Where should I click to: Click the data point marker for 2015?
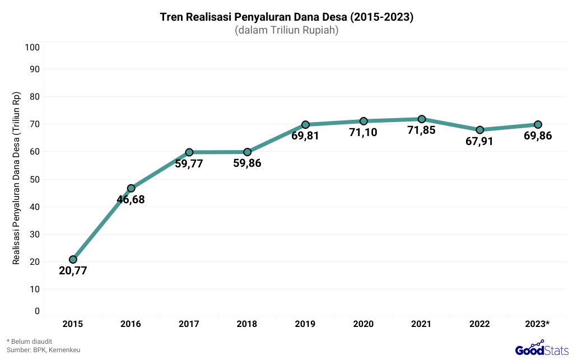click(x=73, y=259)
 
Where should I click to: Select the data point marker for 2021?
click(x=422, y=119)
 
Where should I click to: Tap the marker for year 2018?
click(x=247, y=152)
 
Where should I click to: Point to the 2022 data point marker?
click(x=479, y=130)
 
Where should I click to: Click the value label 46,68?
click(x=131, y=199)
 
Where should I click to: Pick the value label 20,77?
click(x=73, y=272)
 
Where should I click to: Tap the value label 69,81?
click(x=305, y=135)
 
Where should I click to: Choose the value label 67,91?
click(x=479, y=142)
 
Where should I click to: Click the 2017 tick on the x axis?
click(x=189, y=324)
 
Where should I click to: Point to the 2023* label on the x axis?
click(x=538, y=324)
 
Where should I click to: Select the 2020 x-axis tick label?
click(x=363, y=324)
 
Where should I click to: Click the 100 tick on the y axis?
click(x=32, y=47)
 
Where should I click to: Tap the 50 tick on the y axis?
click(x=34, y=179)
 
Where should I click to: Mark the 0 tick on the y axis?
click(x=37, y=311)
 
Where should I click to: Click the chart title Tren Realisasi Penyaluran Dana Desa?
click(x=286, y=17)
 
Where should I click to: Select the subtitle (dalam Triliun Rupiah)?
click(x=286, y=30)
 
